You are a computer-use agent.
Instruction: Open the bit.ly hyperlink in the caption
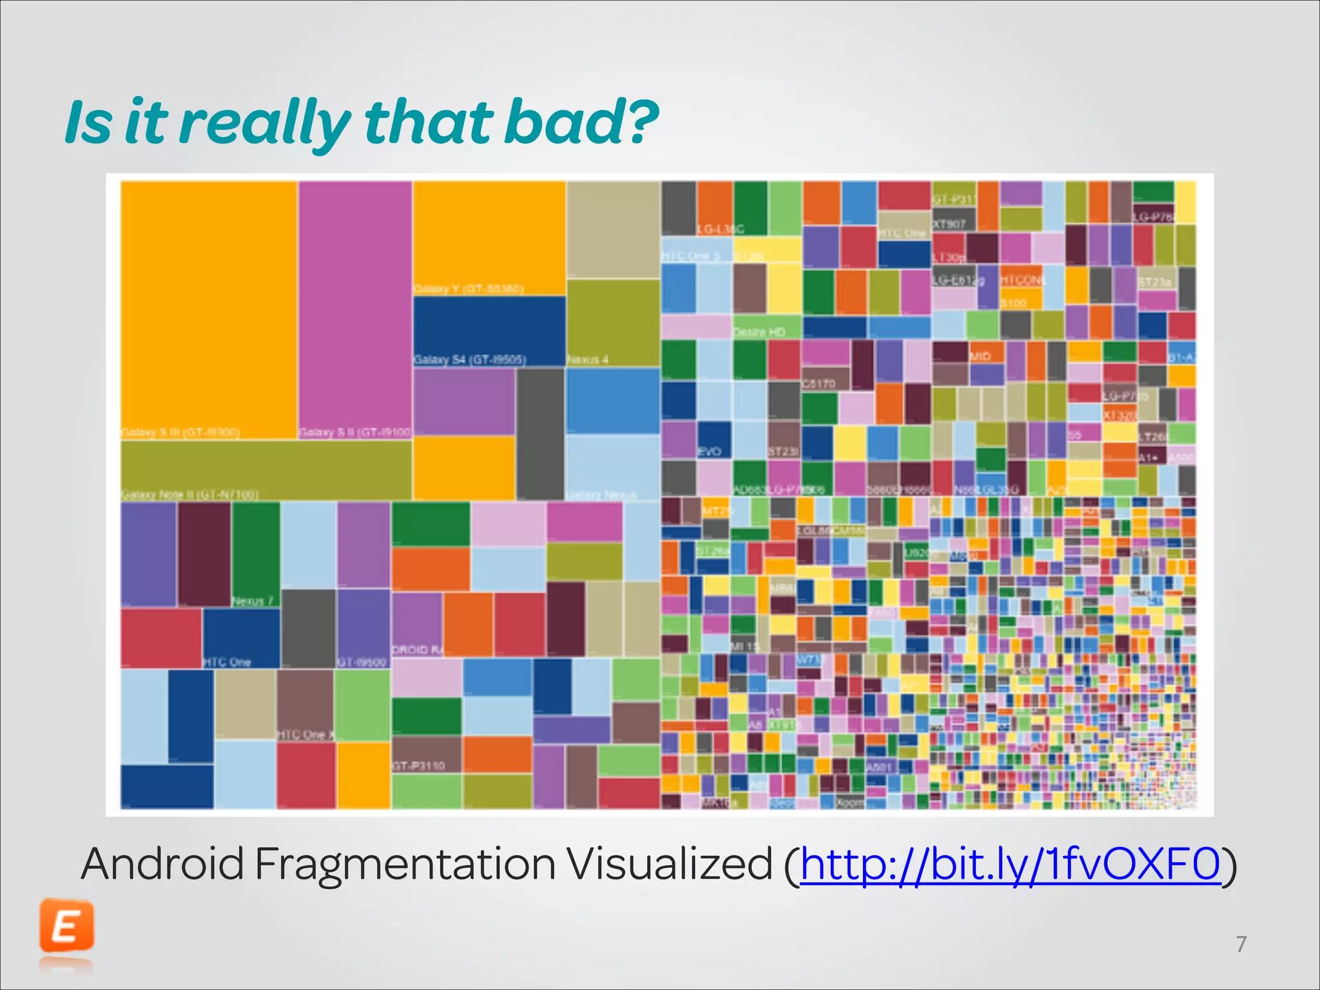[x=1010, y=864]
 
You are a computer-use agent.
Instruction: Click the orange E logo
[x=66, y=927]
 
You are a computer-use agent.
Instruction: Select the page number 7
[x=1241, y=944]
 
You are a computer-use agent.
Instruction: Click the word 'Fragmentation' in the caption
[x=405, y=864]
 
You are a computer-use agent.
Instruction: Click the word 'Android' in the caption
[x=162, y=864]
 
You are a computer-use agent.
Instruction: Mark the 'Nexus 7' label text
[x=253, y=601]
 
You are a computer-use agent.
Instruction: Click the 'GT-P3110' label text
[x=418, y=766]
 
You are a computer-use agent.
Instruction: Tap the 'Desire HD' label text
[x=759, y=332]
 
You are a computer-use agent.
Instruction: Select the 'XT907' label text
[x=949, y=224]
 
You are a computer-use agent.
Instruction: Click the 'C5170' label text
[x=819, y=383]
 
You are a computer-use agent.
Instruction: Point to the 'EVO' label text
[x=709, y=451]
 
